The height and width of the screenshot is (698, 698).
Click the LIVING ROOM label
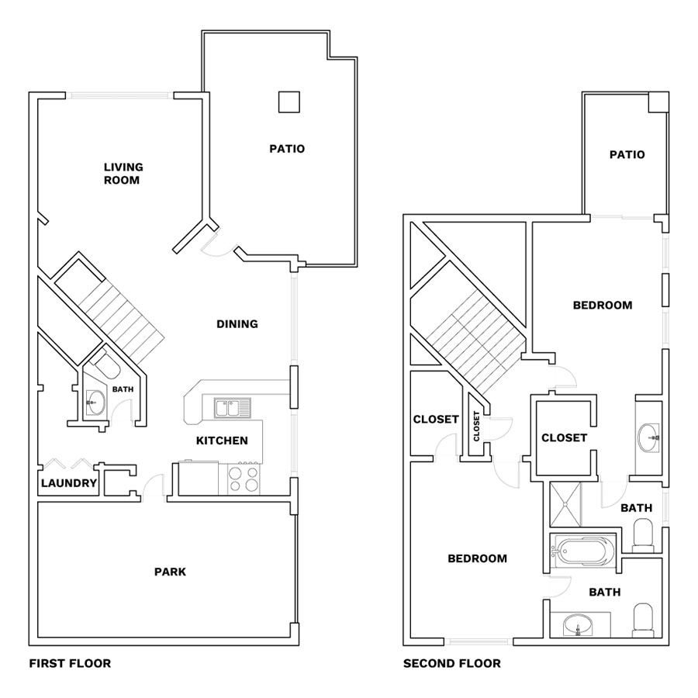(x=123, y=174)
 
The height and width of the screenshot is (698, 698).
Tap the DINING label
(x=237, y=324)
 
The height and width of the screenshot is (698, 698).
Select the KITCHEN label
(x=222, y=441)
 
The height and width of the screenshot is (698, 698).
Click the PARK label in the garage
(x=170, y=572)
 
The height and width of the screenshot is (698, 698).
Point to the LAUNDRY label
(x=69, y=483)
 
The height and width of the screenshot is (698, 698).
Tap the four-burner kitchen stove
(x=243, y=479)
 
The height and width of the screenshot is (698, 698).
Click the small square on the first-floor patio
(x=289, y=102)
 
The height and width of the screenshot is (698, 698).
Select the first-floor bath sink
(x=95, y=402)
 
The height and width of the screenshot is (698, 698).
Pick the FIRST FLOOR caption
(x=70, y=663)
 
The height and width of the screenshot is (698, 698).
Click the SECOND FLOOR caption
(x=452, y=663)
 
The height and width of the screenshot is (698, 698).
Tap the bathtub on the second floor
(x=582, y=553)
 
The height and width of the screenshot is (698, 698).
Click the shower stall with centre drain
(x=565, y=504)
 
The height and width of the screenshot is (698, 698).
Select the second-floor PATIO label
(x=627, y=154)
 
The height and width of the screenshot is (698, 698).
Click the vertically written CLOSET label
(x=477, y=426)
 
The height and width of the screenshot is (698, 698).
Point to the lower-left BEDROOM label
(x=477, y=558)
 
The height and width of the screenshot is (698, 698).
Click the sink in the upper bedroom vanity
(x=649, y=437)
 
